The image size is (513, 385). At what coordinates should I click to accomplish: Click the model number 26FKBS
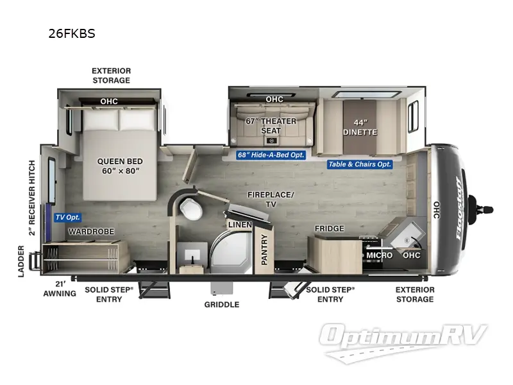(x=71, y=34)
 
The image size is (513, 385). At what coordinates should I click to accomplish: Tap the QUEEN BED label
(x=120, y=166)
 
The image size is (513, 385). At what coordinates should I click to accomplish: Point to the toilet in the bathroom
(x=190, y=207)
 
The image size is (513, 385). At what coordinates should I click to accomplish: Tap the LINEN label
(x=239, y=225)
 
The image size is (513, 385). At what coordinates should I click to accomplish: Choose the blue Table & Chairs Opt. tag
(x=360, y=164)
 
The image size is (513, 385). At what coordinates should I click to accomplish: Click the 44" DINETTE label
(x=361, y=127)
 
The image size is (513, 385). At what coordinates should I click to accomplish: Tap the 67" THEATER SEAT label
(x=271, y=126)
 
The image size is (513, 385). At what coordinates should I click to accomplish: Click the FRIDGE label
(x=329, y=228)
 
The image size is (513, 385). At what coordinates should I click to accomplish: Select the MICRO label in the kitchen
(x=379, y=255)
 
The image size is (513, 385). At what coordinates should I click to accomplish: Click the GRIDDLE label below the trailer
(x=222, y=304)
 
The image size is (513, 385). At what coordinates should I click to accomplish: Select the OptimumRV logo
(x=404, y=339)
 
